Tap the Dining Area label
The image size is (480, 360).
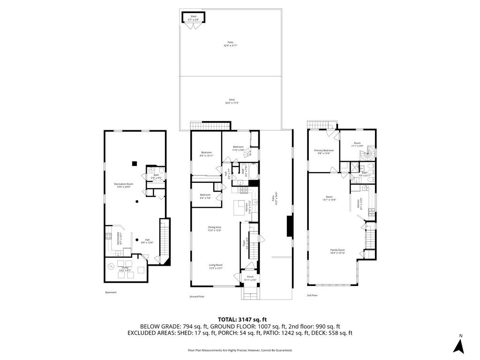pyautogui.click(x=215, y=229)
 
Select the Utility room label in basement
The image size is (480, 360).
pyautogui.click(x=125, y=269)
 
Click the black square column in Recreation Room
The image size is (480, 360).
pyautogui.click(x=135, y=163)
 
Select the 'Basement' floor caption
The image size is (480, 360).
pyautogui.click(x=111, y=292)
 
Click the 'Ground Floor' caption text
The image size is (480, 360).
pyautogui.click(x=197, y=297)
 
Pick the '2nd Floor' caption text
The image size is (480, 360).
pyautogui.click(x=313, y=295)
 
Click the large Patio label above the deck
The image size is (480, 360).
pyautogui.click(x=230, y=44)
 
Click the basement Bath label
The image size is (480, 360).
pyautogui.click(x=156, y=176)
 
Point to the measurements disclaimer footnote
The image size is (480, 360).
pyautogui.click(x=240, y=350)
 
